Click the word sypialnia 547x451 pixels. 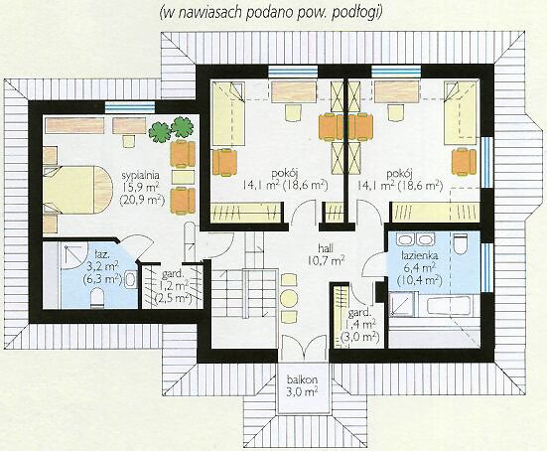click(141, 175)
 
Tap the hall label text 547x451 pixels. click(326, 248)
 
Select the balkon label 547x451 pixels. click(302, 379)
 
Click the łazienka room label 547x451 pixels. click(420, 256)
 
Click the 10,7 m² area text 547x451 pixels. click(327, 259)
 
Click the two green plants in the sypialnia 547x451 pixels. click(171, 129)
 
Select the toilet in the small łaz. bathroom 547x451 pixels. click(97, 298)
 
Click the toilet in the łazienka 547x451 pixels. click(462, 244)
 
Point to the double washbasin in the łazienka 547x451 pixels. click(415, 239)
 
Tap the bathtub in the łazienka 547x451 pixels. click(449, 305)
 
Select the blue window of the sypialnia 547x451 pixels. click(129, 107)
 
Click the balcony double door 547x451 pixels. click(303, 348)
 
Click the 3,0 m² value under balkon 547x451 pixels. click(302, 391)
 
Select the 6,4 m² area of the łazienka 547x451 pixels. click(420, 268)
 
